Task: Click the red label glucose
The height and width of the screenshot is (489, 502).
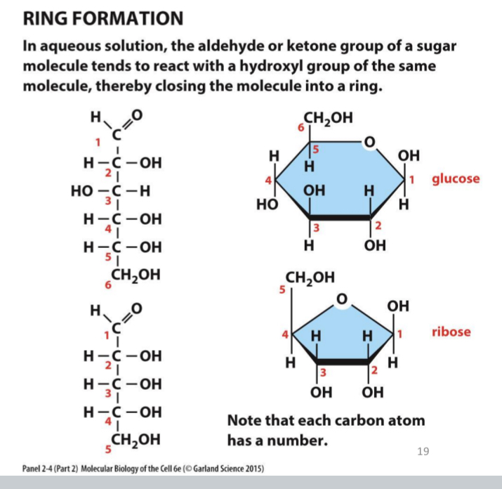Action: click(456, 178)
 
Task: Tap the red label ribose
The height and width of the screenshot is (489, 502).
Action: click(451, 331)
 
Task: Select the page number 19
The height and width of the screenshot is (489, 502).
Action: click(423, 450)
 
